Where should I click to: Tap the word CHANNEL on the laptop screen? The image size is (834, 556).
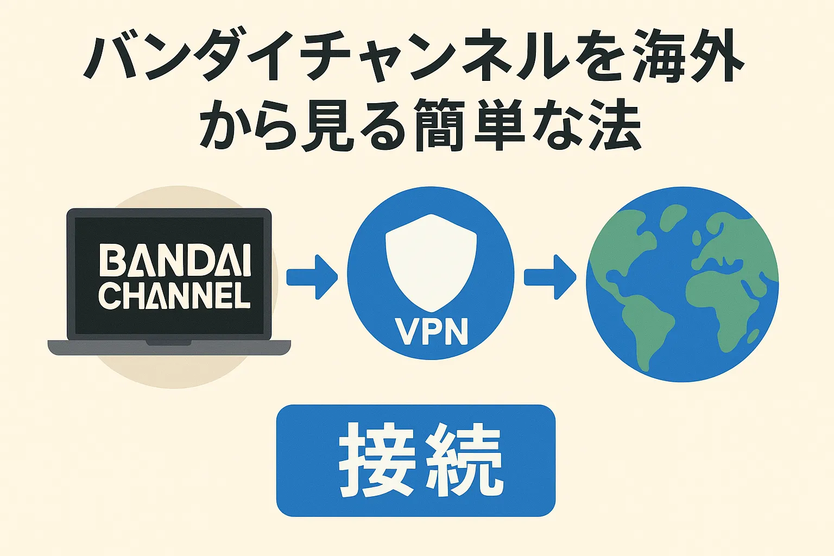pyautogui.click(x=175, y=296)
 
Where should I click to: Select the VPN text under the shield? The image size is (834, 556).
pyautogui.click(x=431, y=331)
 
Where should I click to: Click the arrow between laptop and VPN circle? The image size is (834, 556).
pyautogui.click(x=312, y=277)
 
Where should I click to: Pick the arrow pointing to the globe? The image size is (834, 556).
pyautogui.click(x=549, y=277)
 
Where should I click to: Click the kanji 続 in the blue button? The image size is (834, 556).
pyautogui.click(x=463, y=460)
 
